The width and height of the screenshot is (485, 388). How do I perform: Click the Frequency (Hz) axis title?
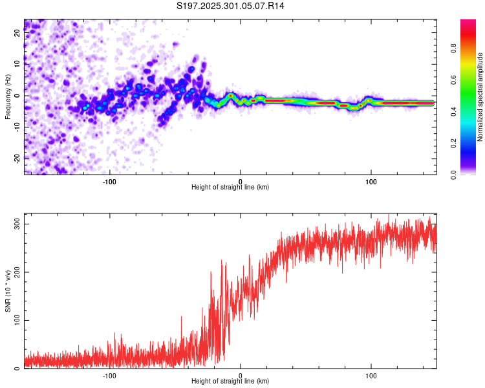pos(8,97)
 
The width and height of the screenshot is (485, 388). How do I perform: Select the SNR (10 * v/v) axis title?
pos(8,292)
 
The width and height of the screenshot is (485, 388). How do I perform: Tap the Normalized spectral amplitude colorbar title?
pos(480,97)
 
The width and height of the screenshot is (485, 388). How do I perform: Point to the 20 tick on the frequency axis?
pos(17,33)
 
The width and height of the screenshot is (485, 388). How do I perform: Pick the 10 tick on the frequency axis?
pos(17,64)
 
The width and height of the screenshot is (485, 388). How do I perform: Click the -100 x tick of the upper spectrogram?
pos(109,181)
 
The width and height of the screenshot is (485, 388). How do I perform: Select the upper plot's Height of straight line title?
pos(230,188)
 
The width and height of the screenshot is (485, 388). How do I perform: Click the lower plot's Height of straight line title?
pos(230,382)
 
